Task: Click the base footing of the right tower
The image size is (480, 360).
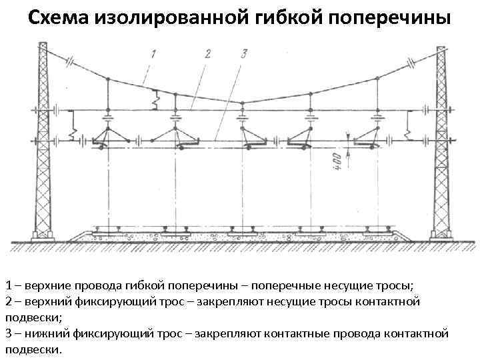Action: point(441,235)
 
